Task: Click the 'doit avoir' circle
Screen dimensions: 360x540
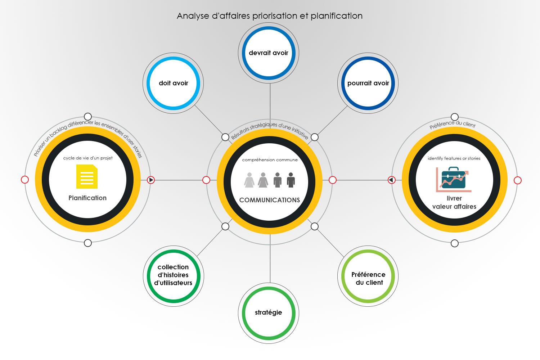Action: point(173,83)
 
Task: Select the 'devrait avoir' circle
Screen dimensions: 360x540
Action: point(269,53)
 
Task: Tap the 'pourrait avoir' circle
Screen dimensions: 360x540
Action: point(368,83)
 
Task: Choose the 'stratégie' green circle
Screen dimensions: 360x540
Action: point(269,312)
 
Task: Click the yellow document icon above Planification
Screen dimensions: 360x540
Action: point(87,176)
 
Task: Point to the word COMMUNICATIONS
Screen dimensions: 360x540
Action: point(270,200)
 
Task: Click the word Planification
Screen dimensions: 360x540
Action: point(87,198)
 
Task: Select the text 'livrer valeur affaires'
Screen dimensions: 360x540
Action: point(454,202)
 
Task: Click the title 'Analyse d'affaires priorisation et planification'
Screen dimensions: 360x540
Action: point(270,16)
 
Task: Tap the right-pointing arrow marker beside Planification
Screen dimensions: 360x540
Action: point(151,180)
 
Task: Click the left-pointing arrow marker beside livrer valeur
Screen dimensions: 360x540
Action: point(391,180)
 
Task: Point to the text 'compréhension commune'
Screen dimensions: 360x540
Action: point(270,160)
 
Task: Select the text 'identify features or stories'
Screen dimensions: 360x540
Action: point(454,158)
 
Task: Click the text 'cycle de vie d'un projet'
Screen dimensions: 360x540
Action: point(87,158)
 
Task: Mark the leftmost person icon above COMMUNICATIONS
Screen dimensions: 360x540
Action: point(249,180)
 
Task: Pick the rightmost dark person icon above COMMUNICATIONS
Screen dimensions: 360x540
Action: point(291,180)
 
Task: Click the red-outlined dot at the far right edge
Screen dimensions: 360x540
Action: point(517,180)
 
